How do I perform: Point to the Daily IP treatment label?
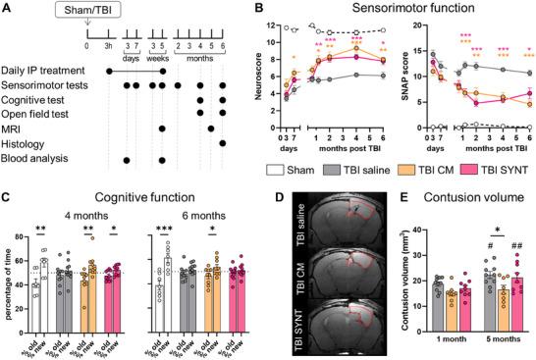[46, 72]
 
